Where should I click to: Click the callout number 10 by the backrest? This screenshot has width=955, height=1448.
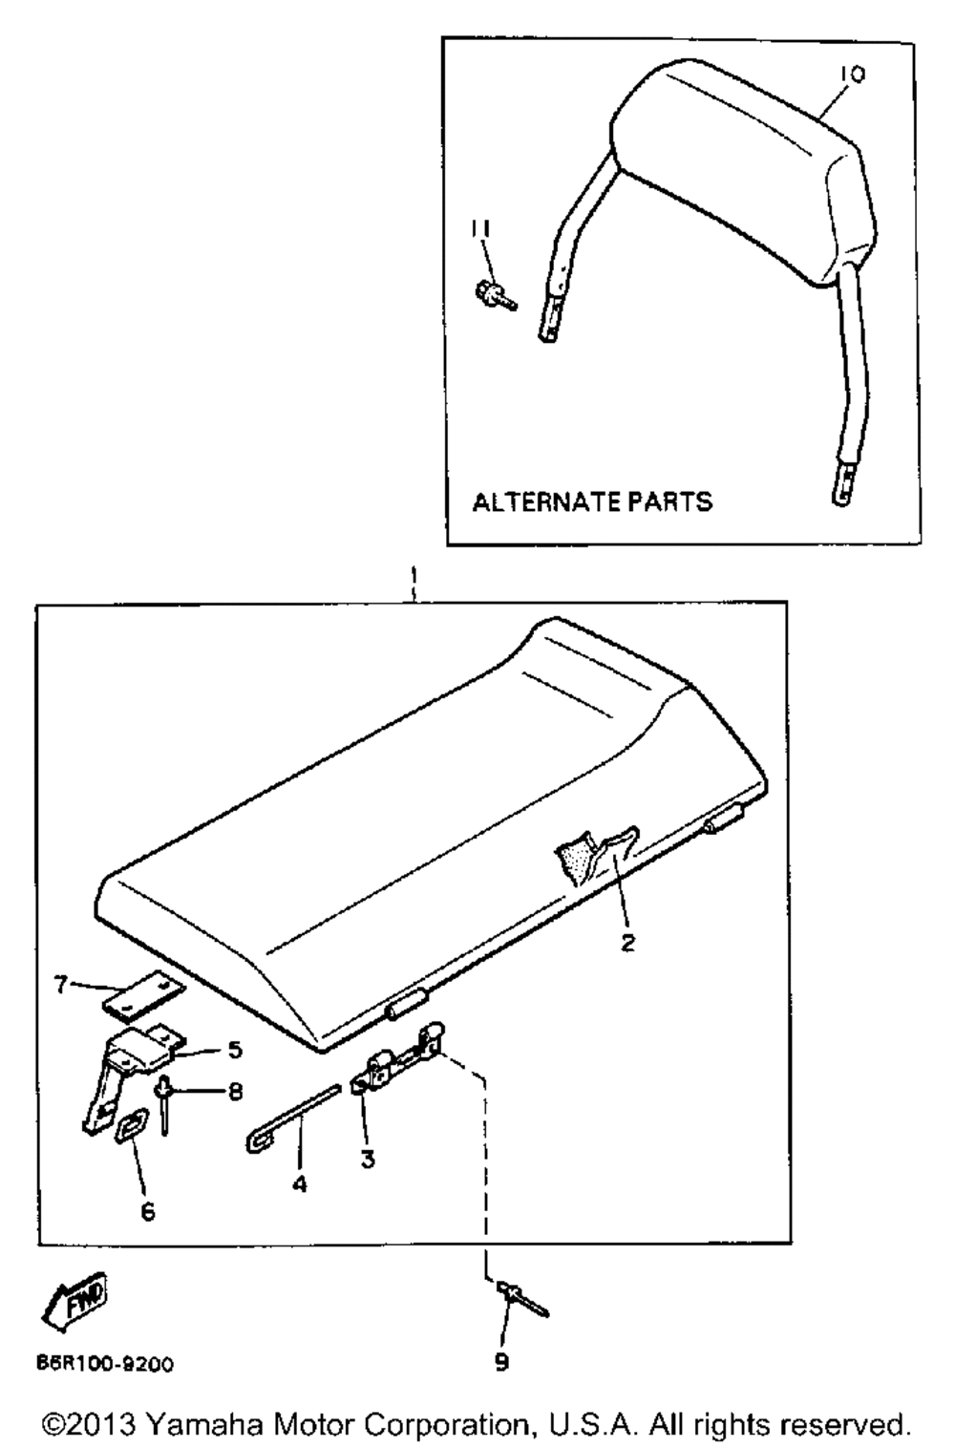pos(852,75)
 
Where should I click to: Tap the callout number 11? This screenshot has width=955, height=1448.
pos(480,229)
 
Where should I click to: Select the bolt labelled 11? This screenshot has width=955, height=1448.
pos(495,296)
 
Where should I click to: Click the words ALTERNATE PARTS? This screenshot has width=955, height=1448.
pos(592,502)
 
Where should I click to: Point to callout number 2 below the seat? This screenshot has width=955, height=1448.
pos(627,943)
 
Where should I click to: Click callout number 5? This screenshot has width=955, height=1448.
pos(235,1050)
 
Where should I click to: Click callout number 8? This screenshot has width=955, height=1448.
pos(235,1093)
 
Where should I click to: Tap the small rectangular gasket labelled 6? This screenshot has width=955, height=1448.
pos(132,1127)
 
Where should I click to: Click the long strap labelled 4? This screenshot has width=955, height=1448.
pos(292,1118)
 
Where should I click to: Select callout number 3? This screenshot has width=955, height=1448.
pos(368,1159)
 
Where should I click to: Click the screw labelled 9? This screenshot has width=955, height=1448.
pos(522,1301)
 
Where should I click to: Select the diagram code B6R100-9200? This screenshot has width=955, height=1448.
pos(105,1365)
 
